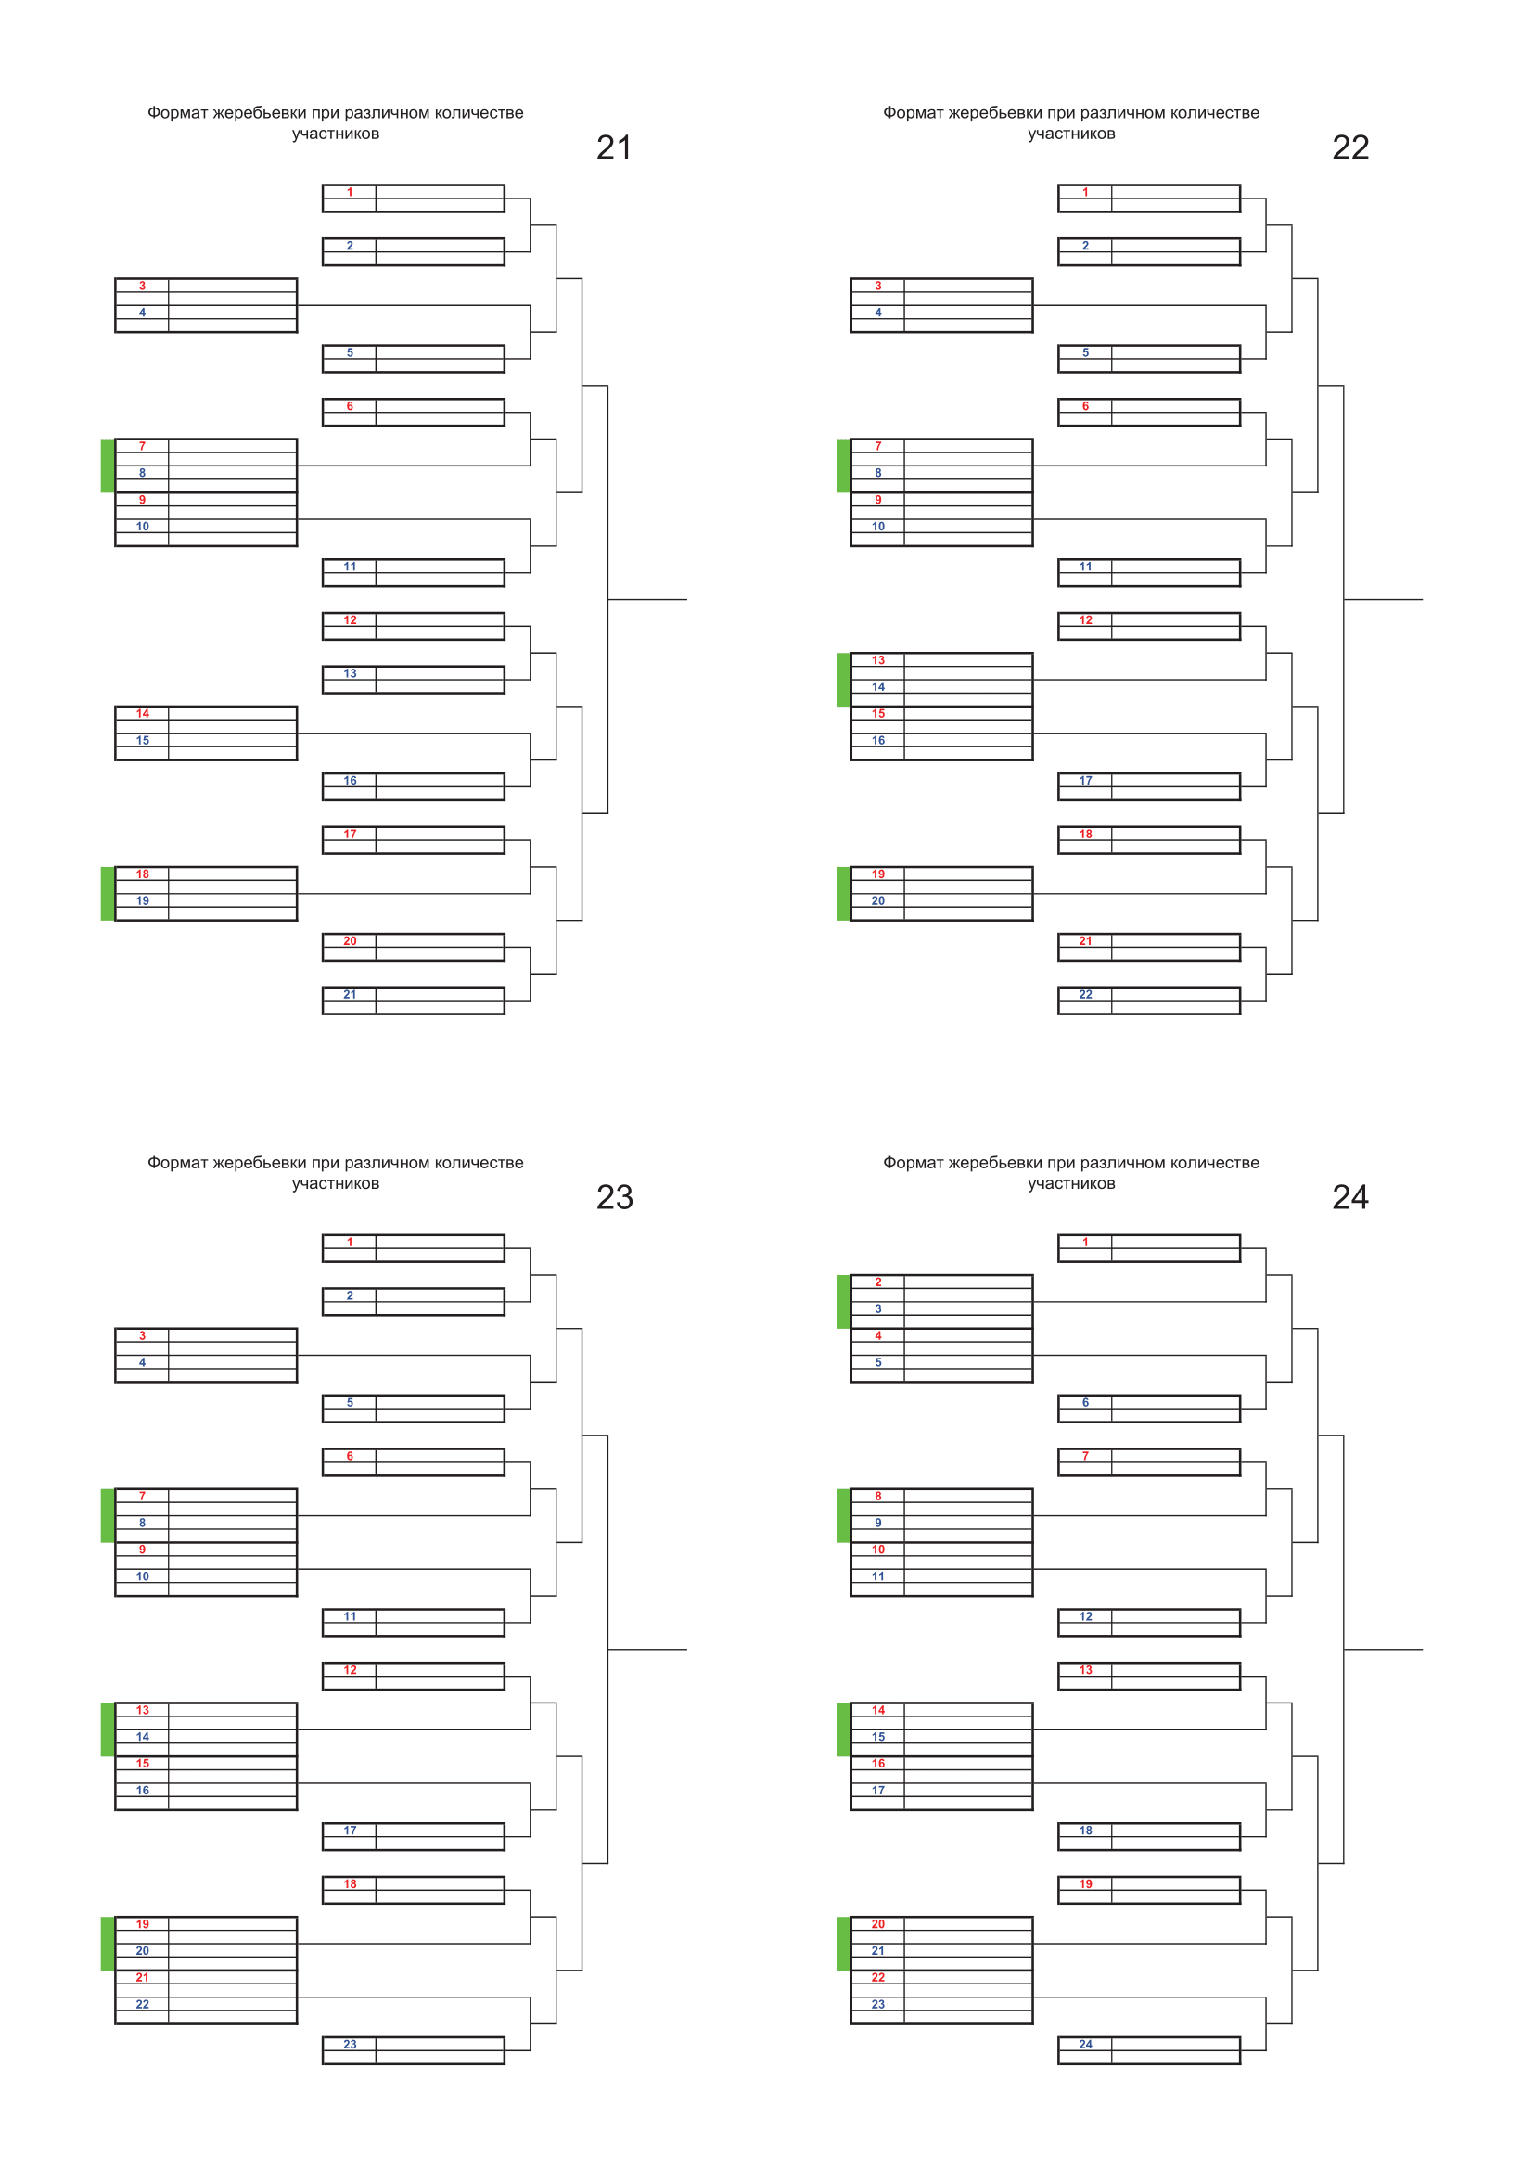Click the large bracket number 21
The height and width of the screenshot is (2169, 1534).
point(614,147)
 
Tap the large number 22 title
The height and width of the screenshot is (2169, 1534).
point(1349,147)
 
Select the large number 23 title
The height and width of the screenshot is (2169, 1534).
point(614,1197)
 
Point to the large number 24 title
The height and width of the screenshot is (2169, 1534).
point(1349,1197)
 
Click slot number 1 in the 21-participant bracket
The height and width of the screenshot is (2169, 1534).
point(350,192)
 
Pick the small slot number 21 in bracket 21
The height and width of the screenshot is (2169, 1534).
point(350,994)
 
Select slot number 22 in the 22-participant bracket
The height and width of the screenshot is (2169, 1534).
point(1085,994)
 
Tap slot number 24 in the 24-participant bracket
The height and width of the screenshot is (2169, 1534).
point(1085,2044)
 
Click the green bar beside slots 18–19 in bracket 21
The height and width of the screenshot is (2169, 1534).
point(108,893)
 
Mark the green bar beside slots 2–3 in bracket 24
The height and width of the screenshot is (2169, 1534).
point(843,1301)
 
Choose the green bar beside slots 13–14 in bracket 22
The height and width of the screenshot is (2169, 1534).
point(843,679)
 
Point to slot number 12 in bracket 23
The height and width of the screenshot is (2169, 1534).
point(350,1669)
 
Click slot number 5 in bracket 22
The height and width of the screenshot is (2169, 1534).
point(1085,352)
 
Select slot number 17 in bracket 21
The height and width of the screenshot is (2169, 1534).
point(350,834)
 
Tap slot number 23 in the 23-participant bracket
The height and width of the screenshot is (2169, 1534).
point(350,2044)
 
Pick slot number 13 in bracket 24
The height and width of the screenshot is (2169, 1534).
point(1085,1669)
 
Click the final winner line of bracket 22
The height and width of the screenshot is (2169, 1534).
point(1383,599)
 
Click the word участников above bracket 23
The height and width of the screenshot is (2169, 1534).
point(336,1183)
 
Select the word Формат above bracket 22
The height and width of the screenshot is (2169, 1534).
point(914,112)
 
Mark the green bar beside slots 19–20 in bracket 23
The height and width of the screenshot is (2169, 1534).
point(108,1943)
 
